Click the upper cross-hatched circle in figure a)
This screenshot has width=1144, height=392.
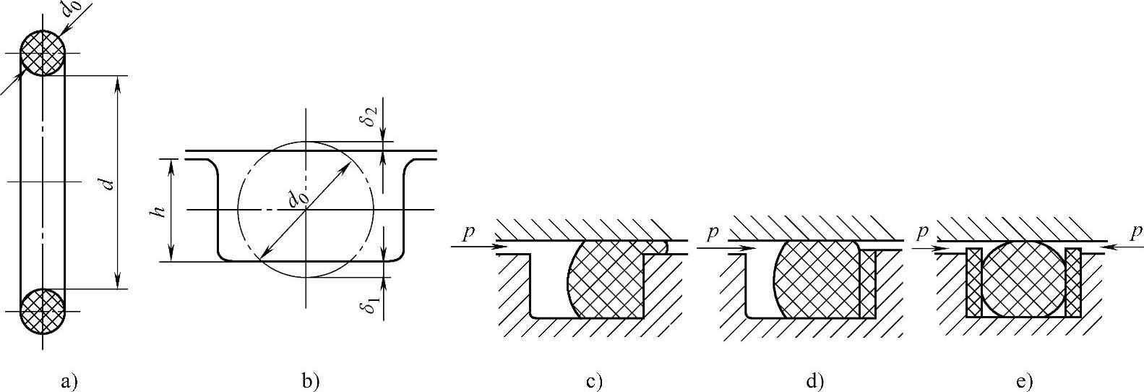point(43,53)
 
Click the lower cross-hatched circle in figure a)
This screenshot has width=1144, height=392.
point(43,312)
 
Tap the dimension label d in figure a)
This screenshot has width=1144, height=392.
point(108,183)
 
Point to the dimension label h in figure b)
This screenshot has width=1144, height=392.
point(160,210)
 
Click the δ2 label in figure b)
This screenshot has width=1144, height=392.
point(370,116)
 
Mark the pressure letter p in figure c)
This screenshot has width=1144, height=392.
point(470,233)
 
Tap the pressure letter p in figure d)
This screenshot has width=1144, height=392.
point(713,233)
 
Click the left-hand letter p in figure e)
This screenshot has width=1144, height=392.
point(921,233)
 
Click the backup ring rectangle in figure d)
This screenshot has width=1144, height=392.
point(868,284)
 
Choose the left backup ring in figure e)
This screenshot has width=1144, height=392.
point(974,283)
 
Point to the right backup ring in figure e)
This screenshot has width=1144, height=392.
point(1073,283)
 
